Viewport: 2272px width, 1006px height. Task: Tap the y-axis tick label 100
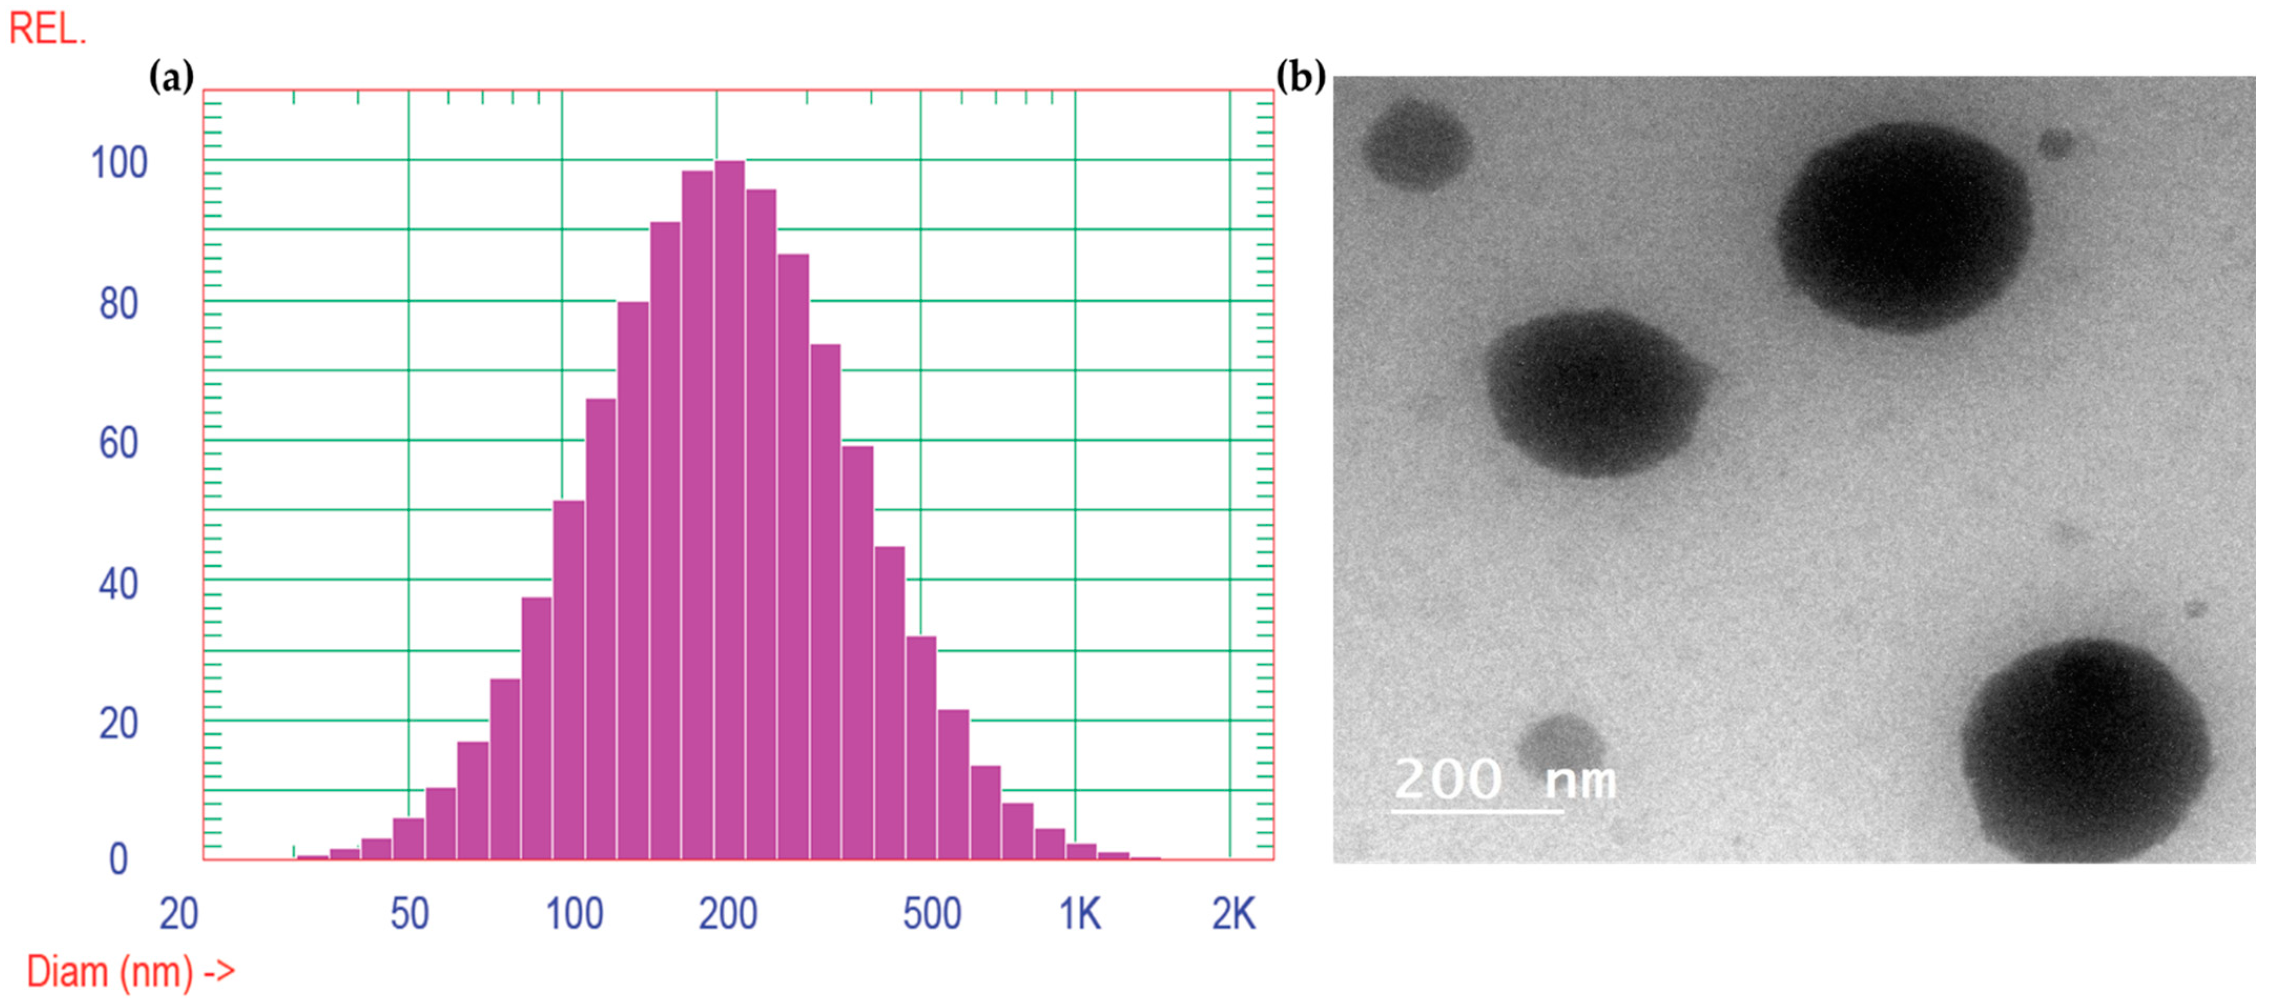[119, 163]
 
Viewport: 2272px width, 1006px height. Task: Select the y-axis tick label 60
[119, 443]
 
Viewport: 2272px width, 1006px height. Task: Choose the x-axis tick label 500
[932, 914]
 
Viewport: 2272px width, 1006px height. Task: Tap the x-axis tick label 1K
[1080, 914]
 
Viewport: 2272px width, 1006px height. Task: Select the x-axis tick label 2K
[1233, 914]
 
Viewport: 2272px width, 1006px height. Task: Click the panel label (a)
[171, 78]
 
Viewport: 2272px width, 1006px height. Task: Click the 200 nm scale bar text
[1505, 779]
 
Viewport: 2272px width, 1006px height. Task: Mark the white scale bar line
[1478, 809]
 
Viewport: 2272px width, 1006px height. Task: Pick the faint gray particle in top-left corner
[1417, 144]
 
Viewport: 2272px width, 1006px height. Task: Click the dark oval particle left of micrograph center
[1596, 393]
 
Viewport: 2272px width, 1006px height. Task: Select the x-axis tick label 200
[728, 914]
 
